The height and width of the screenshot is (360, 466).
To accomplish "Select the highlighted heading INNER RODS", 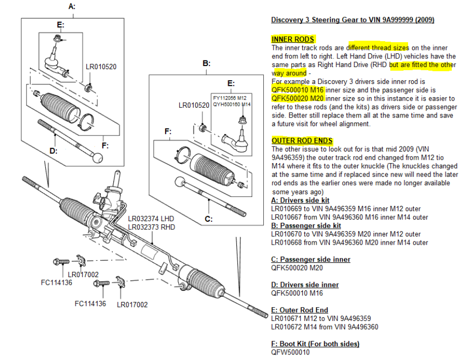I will click(x=293, y=39).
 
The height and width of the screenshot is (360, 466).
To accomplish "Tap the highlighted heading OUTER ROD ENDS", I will click(x=302, y=140).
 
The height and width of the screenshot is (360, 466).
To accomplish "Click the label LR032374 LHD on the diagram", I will click(x=151, y=219).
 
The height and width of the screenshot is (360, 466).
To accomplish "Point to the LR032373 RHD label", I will click(x=151, y=227).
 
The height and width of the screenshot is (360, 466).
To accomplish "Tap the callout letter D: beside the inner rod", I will click(x=53, y=151).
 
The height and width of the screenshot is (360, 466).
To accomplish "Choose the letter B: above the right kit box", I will click(x=206, y=64).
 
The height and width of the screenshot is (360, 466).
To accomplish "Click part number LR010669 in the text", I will click(x=287, y=208).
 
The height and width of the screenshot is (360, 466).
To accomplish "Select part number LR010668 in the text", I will click(x=287, y=243).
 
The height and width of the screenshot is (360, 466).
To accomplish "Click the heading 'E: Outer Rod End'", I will click(x=300, y=310).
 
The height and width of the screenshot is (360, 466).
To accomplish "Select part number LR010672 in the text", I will click(x=287, y=326).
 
